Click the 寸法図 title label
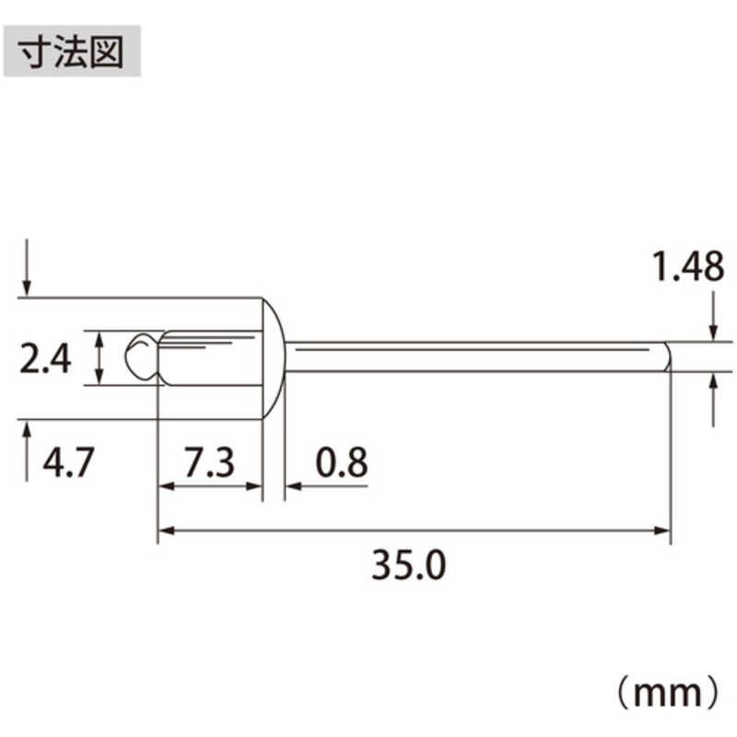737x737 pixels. (72, 52)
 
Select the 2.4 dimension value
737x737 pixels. (45, 359)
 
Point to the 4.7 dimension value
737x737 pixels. (68, 462)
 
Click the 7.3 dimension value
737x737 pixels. (209, 462)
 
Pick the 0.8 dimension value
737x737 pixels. (342, 462)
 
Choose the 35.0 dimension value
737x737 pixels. (408, 565)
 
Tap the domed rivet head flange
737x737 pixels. (273, 358)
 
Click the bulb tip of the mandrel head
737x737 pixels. (140, 357)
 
